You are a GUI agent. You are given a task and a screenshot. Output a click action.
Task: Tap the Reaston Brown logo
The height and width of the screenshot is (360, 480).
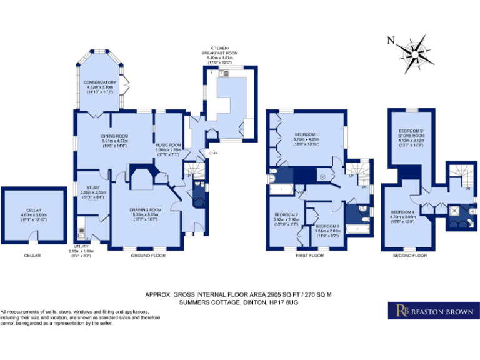pyautogui.click(x=432, y=310)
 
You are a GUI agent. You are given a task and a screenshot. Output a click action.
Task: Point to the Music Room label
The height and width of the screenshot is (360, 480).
pyautogui.click(x=168, y=147)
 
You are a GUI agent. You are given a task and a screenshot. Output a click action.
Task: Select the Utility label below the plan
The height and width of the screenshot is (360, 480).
pyautogui.click(x=82, y=249)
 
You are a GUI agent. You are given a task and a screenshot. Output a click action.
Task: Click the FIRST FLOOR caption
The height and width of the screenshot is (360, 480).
pyautogui.click(x=309, y=256)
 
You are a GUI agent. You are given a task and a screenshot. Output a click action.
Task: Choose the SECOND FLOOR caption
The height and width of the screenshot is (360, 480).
pyautogui.click(x=410, y=256)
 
